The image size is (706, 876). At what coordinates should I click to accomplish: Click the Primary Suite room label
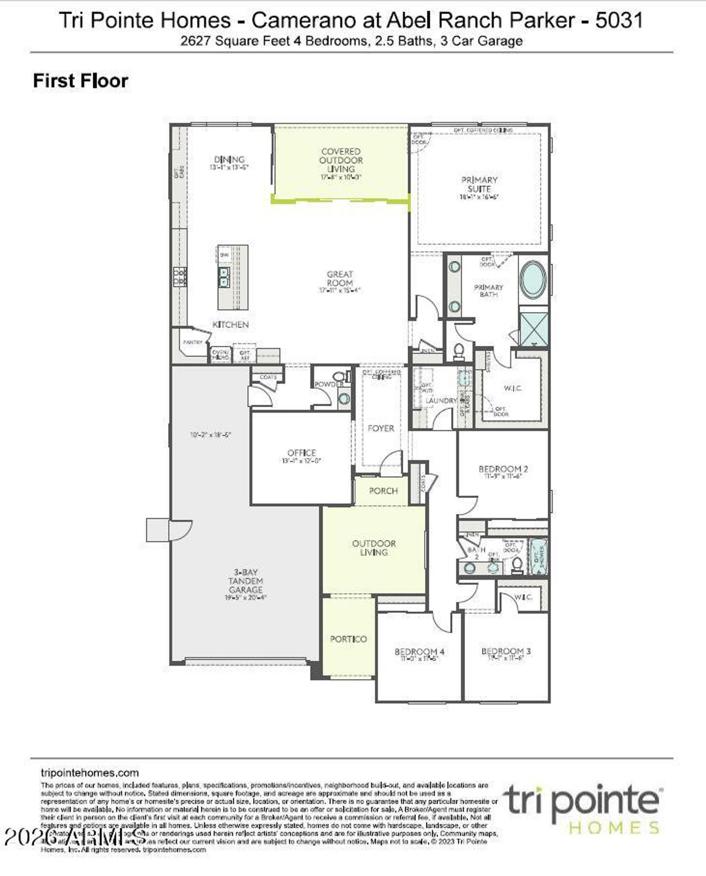tap(479, 184)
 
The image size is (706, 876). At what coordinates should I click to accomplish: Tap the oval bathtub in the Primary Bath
tap(533, 281)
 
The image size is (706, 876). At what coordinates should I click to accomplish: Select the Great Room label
tap(340, 278)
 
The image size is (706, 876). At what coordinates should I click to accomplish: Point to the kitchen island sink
tap(224, 277)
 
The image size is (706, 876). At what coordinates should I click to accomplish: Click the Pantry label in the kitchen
tap(192, 343)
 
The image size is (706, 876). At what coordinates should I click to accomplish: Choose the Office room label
tap(302, 452)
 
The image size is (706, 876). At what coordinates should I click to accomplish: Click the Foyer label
tap(381, 428)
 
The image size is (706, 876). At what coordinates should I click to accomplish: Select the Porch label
tap(383, 490)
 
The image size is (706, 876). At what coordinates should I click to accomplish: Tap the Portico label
tap(348, 639)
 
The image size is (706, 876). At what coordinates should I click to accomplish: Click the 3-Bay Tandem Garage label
tap(245, 581)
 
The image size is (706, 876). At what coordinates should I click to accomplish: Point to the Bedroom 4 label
tap(419, 651)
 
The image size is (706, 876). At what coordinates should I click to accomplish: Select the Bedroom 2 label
tap(503, 469)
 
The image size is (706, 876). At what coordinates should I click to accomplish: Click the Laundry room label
tap(441, 400)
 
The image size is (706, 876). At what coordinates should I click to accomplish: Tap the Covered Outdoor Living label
tap(341, 160)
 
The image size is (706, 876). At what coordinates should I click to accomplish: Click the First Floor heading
tap(81, 81)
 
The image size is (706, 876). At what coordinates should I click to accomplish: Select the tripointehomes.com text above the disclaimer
tap(90, 773)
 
